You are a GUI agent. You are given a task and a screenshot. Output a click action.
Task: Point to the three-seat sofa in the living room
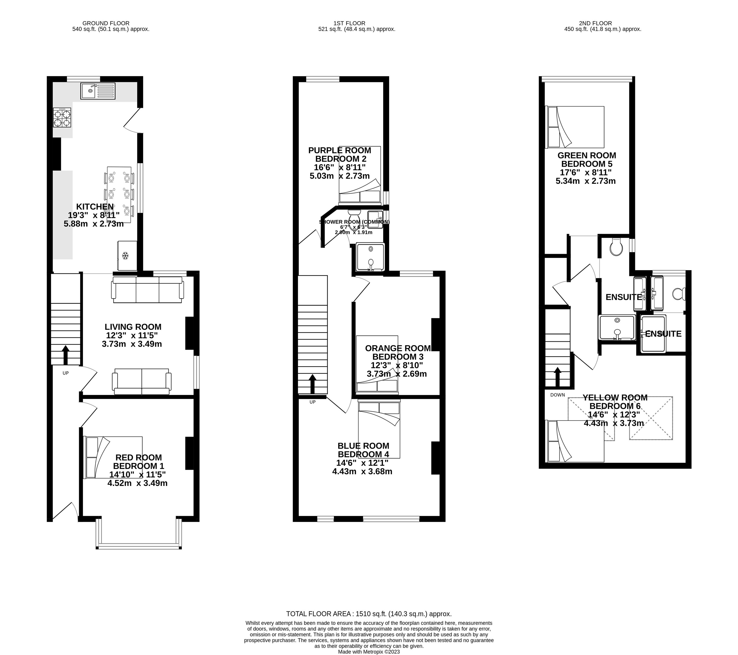click(147, 290)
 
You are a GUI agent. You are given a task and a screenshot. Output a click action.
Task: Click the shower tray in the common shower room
click(370, 257)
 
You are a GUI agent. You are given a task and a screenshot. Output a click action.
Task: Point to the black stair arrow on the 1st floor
click(312, 384)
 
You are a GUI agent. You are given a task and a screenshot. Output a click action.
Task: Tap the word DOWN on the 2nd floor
click(558, 395)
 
